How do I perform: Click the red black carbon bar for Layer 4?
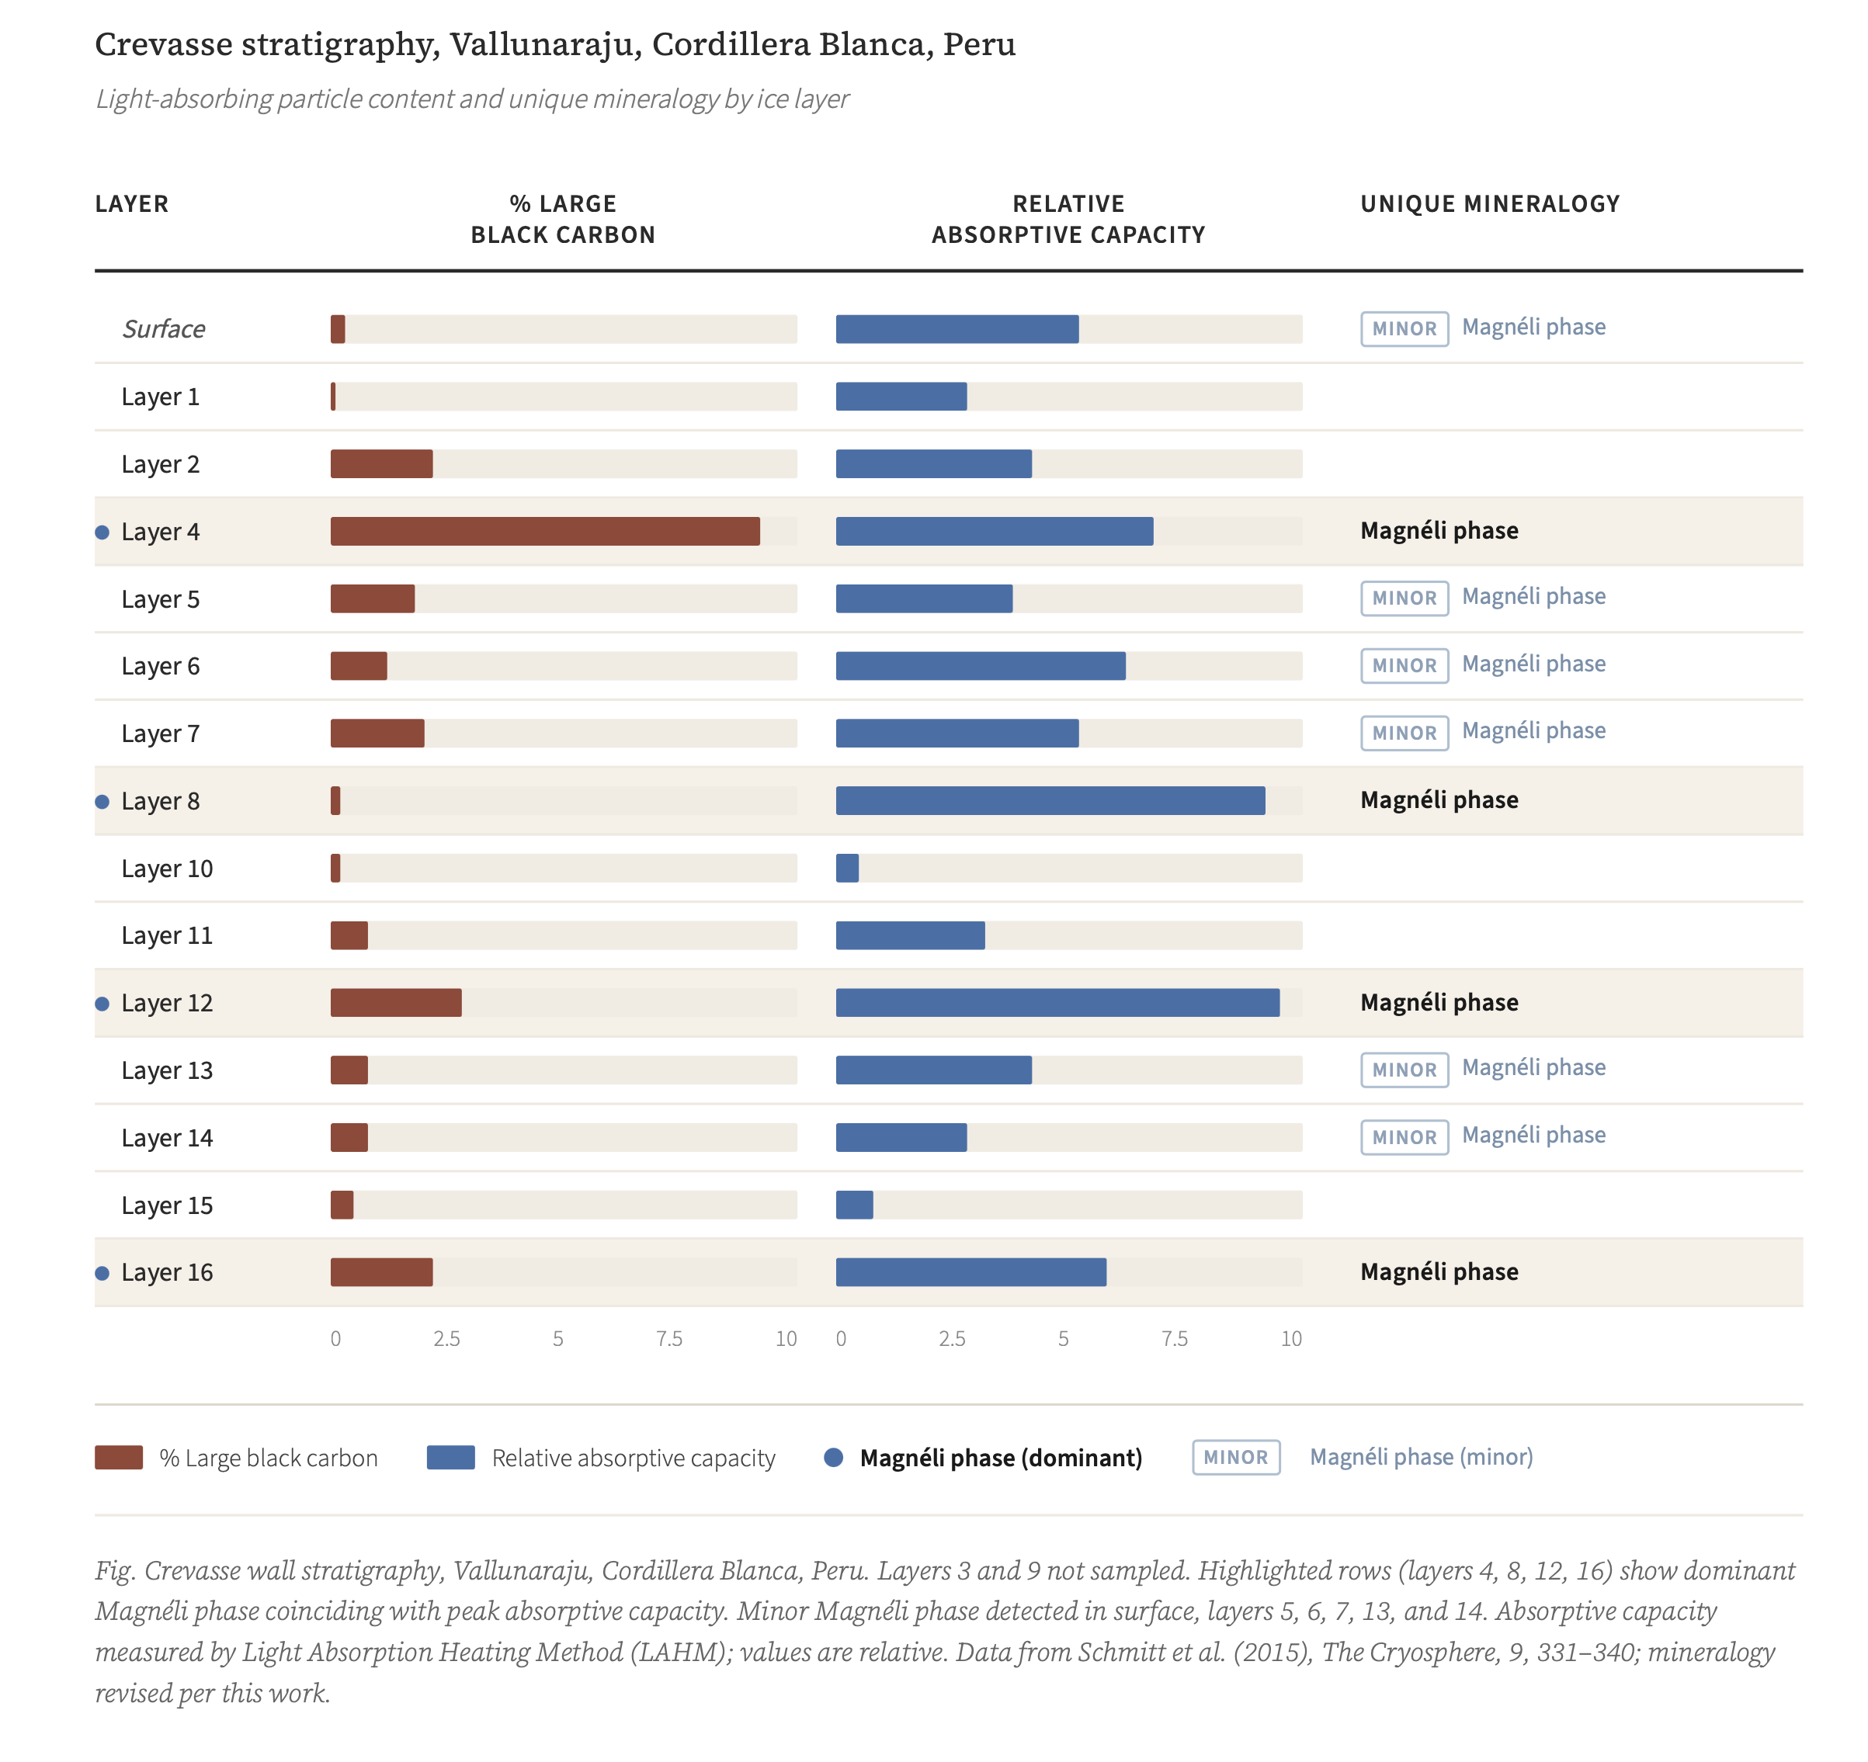coord(545,532)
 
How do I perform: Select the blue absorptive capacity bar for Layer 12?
coord(1057,1003)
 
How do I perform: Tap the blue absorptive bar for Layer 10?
coord(846,868)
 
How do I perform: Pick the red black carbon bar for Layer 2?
coord(381,464)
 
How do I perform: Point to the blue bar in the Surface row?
coord(957,329)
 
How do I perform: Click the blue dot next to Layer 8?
coord(102,801)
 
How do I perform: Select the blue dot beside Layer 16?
coord(102,1273)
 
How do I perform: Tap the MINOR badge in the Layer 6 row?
coord(1404,666)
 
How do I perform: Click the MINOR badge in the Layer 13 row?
coord(1404,1070)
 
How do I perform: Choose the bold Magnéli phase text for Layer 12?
coord(1439,1002)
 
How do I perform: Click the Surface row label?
coord(164,329)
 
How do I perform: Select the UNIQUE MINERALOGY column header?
coord(1489,204)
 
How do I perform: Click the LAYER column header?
coord(131,204)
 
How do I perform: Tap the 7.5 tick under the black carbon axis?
coord(669,1338)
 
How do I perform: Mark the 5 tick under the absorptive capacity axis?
coord(1063,1338)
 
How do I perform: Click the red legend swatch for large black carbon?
coord(118,1458)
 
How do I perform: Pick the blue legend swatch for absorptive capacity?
coord(450,1458)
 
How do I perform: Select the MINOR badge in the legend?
coord(1235,1458)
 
